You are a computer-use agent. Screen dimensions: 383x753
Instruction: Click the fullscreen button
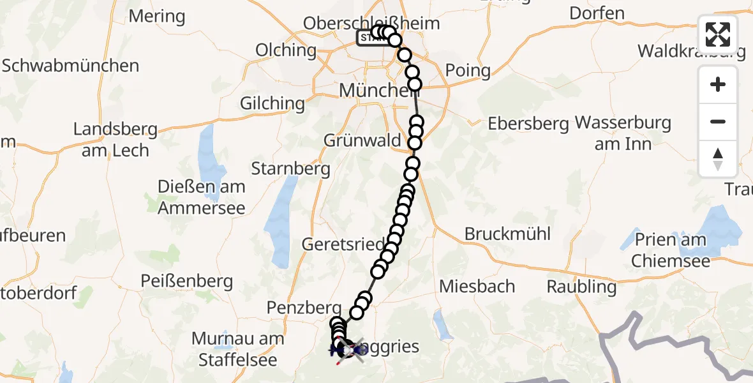[x=718, y=34]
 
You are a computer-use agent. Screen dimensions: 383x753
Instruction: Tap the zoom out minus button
[x=718, y=121]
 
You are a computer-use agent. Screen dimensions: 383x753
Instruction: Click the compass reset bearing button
[x=718, y=159]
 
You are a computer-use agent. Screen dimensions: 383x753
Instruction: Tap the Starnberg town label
[x=290, y=169]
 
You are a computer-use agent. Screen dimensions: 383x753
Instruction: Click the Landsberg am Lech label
[x=115, y=140]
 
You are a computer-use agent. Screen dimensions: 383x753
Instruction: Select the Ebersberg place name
[x=528, y=124]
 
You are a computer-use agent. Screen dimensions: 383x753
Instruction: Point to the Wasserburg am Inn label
[x=623, y=133]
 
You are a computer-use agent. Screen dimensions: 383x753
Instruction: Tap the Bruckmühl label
[x=507, y=234]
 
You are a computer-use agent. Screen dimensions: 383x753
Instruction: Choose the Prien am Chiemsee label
[x=668, y=250]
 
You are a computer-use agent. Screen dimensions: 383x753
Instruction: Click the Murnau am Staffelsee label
[x=238, y=349]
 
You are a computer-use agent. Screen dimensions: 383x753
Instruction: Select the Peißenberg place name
[x=187, y=281]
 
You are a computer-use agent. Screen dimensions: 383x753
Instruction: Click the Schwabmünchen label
[x=70, y=66]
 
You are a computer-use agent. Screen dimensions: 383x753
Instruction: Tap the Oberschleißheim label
[x=371, y=24]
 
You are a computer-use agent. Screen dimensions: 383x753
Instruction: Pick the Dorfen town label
[x=597, y=13]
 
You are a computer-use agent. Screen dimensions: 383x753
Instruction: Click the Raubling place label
[x=581, y=287]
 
